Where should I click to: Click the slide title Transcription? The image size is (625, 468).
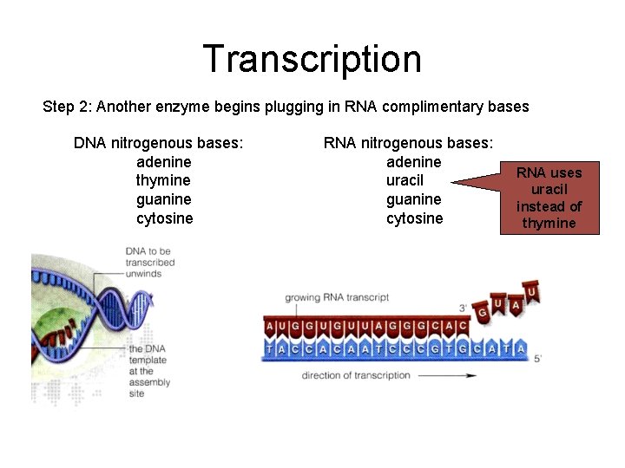pos(312,59)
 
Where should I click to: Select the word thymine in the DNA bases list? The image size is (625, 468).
pos(164,180)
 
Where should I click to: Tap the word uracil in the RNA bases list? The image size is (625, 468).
pos(405,180)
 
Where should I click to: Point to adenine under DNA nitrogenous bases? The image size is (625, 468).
pos(164,162)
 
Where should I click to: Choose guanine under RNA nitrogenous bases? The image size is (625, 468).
pos(413,199)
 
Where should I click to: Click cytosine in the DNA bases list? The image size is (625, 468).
pos(164,218)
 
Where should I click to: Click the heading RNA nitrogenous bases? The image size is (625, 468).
pos(408,142)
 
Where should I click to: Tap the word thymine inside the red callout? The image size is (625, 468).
pos(549,223)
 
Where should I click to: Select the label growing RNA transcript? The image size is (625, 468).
pos(337,297)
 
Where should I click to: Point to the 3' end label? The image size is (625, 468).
pos(463,309)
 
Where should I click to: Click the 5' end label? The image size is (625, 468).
pos(538,357)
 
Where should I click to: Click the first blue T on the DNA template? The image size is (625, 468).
pos(271,349)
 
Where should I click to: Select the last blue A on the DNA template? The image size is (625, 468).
pos(519,349)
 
